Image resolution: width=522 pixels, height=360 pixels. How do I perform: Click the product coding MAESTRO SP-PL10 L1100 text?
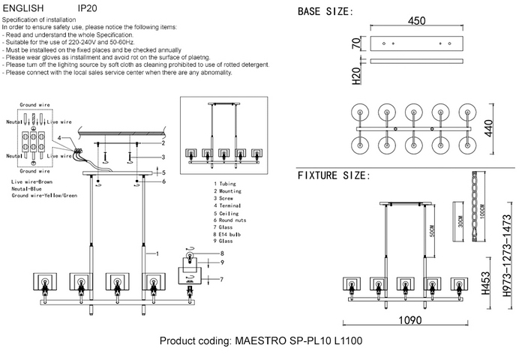tap(261, 341)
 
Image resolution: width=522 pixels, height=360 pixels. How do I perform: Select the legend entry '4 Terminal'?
tap(228, 205)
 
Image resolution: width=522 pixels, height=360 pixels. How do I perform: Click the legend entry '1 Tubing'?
tap(226, 183)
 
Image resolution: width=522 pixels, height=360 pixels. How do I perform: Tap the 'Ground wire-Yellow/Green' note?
tap(44, 196)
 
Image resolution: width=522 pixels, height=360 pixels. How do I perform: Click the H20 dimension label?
tap(357, 73)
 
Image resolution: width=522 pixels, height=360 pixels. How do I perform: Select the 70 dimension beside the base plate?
tap(357, 44)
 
